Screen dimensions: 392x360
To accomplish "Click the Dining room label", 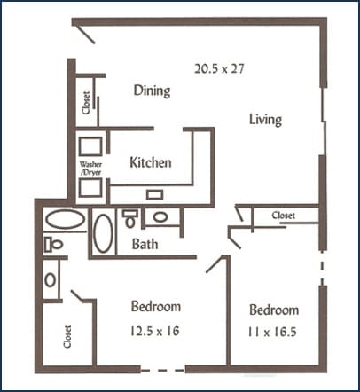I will tap(152, 90).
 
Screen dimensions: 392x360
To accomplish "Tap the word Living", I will tap(265, 119).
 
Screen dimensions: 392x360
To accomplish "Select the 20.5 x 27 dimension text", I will tap(218, 67).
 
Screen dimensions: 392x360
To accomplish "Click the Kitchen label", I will tap(150, 162).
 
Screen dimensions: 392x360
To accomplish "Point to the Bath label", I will tap(145, 244).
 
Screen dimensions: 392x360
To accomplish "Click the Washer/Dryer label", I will tap(89, 168).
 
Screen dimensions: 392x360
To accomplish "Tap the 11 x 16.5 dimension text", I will tap(273, 334).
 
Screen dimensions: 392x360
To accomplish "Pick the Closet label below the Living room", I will tap(283, 215).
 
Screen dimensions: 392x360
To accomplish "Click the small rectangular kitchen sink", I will tap(154, 194).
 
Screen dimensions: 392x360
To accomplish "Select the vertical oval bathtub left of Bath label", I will tap(103, 233).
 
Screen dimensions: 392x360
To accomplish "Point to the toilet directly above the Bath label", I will tap(130, 217).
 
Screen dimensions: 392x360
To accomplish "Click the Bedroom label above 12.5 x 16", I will tap(156, 307).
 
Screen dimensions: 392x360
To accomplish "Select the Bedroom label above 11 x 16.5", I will tap(273, 310).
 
